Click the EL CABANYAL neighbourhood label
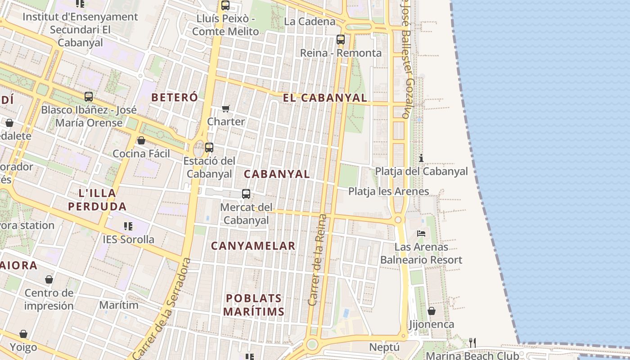point(324,98)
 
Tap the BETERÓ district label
point(175,97)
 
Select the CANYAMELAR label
point(253,246)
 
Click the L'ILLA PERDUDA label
point(97,200)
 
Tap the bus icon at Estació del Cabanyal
point(209,147)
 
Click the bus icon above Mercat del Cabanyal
point(246,194)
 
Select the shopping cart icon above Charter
point(226,108)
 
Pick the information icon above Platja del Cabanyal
point(421,158)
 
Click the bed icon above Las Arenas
point(421,233)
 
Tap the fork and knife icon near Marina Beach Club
point(472,342)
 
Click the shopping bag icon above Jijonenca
point(431,311)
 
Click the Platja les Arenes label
point(388,191)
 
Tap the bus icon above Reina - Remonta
point(341,40)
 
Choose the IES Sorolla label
point(128,239)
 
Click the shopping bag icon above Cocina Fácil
point(141,140)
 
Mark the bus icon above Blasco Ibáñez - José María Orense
point(89,96)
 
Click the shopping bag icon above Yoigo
point(23,334)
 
